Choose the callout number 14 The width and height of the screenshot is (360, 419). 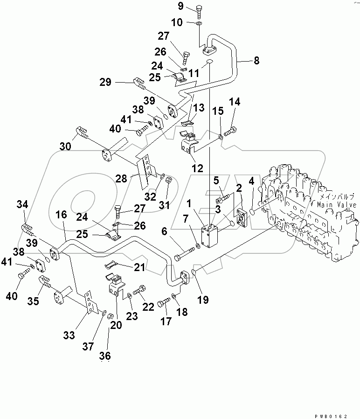coord(235,102)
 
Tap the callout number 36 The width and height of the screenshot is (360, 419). coord(105,356)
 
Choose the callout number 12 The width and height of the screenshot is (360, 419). coord(198,168)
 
